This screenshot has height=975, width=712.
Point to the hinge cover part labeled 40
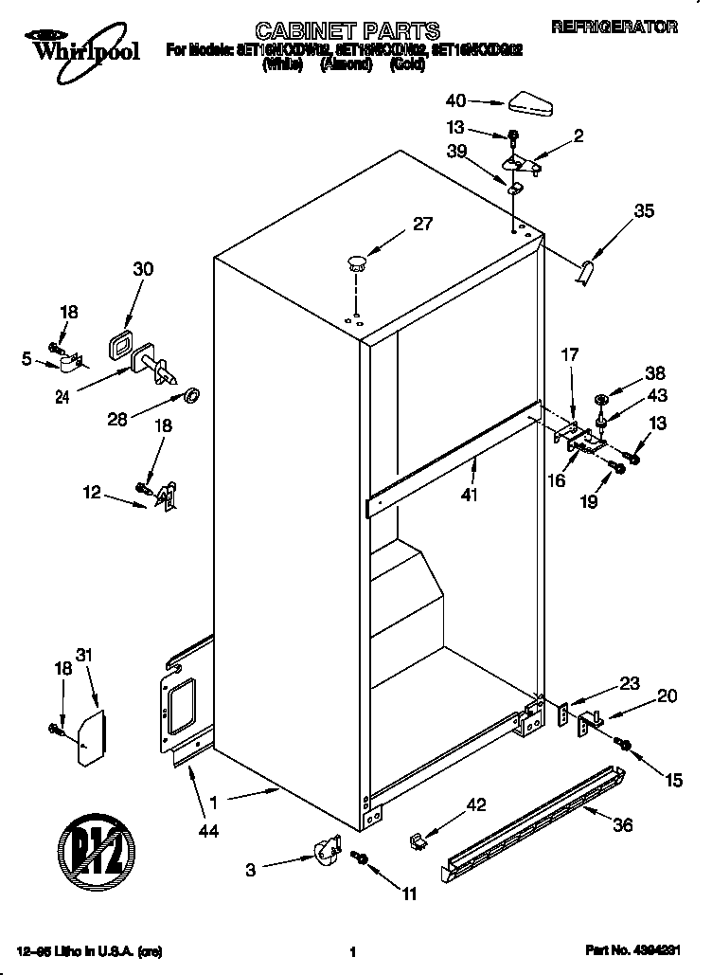(531, 102)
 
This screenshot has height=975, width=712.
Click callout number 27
(422, 226)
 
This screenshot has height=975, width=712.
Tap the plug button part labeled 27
(356, 261)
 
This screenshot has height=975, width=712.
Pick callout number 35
(643, 211)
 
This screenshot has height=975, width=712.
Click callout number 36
(621, 825)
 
